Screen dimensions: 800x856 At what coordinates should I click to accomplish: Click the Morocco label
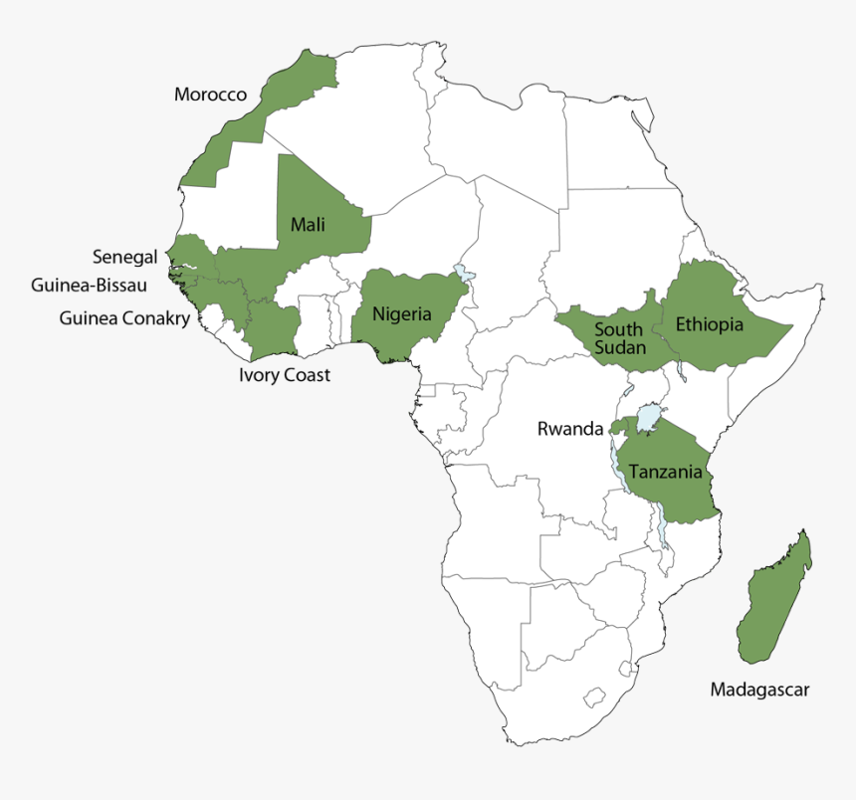coord(210,95)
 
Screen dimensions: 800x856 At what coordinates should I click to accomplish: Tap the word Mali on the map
coord(308,224)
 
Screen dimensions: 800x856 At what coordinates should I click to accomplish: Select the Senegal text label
coord(124,257)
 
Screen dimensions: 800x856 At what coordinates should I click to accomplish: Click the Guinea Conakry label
coord(123,318)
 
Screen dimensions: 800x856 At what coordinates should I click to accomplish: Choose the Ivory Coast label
coord(285,375)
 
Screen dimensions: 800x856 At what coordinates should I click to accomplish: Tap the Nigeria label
coord(402,314)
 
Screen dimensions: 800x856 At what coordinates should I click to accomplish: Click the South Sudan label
coord(620,338)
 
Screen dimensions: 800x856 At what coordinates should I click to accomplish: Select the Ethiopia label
coord(709,324)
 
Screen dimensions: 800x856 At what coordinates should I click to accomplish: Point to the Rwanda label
coord(570,429)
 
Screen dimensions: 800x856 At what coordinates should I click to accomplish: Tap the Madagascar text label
coord(759,689)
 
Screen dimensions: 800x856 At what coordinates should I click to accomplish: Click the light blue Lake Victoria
coord(649,416)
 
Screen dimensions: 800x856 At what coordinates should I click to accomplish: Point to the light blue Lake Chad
coord(462,272)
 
